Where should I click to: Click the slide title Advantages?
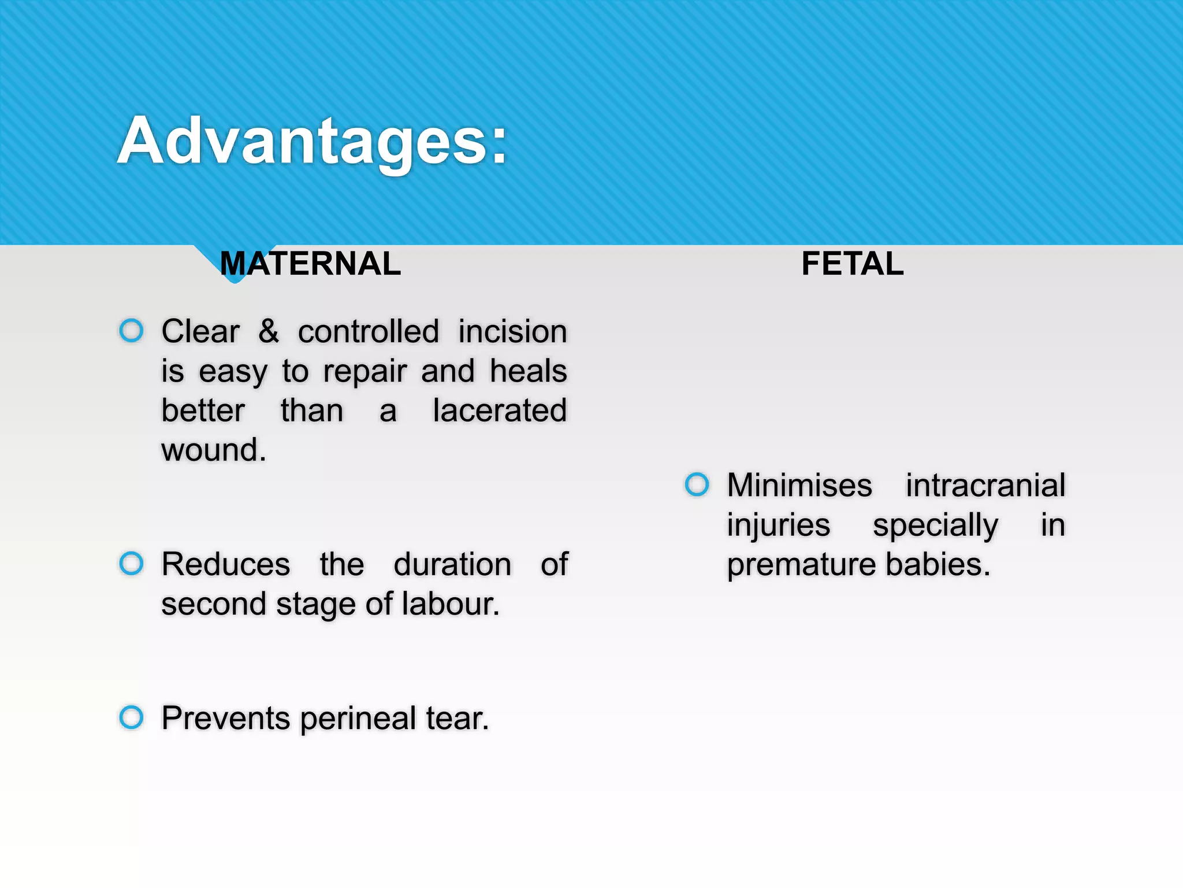312,142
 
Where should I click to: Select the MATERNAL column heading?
310,264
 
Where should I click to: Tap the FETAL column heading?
852,264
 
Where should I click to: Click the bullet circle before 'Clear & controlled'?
131,331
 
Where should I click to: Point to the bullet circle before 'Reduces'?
131,563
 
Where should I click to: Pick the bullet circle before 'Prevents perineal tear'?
131,717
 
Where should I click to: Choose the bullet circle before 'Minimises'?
697,484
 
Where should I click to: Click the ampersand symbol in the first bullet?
269,331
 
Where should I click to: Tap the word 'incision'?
512,332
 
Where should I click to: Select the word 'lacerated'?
500,410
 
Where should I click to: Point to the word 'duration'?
452,564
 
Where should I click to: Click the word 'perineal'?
358,719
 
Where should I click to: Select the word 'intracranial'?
985,485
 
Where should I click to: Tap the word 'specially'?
935,526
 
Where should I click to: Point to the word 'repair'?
364,372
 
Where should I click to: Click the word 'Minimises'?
799,485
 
